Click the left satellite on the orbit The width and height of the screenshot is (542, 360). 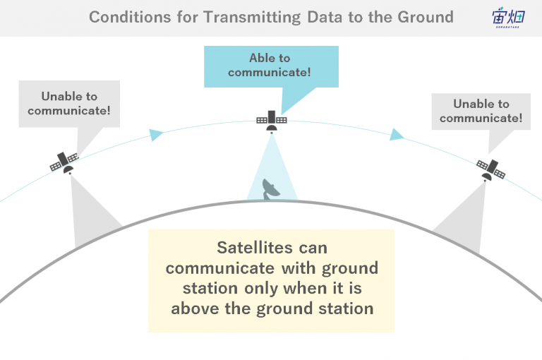(64, 162)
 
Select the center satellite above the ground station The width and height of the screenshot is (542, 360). (272, 121)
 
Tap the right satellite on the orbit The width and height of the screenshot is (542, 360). (490, 170)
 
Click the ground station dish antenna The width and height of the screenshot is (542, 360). (271, 189)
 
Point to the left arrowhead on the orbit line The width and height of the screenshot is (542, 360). (156, 135)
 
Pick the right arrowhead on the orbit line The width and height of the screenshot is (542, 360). (397, 135)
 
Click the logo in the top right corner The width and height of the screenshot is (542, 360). (508, 17)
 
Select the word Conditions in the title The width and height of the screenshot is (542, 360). (130, 17)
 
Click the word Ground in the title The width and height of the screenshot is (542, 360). (425, 17)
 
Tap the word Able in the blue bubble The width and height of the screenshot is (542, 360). (261, 58)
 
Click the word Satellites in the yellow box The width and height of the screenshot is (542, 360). (254, 248)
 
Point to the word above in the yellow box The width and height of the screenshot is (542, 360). (195, 308)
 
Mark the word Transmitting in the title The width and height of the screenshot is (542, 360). (252, 17)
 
